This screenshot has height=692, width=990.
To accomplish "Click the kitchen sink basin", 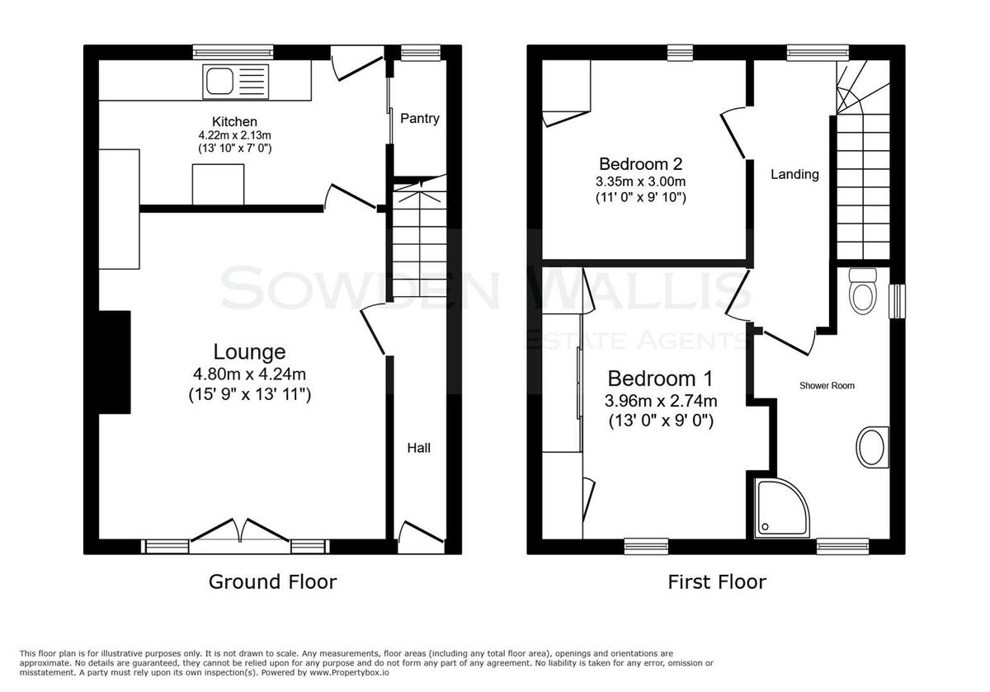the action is point(219,82).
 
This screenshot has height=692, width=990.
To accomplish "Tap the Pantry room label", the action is point(419,119).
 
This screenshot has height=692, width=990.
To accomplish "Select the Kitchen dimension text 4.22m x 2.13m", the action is point(234,134).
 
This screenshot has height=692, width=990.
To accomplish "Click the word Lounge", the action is point(249,351).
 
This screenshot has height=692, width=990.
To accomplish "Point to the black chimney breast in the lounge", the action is point(115,362).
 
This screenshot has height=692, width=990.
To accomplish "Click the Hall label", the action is point(418,448).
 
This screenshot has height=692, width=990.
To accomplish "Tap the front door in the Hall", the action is point(421,533).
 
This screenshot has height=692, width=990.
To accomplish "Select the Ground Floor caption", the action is point(272,582).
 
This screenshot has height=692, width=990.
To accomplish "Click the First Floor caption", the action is point(716,582).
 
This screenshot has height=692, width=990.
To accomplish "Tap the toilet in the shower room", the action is point(863,291).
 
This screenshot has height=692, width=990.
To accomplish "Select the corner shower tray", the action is point(782,508).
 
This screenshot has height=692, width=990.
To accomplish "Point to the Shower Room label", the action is point(827,386).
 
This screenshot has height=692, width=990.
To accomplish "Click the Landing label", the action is point(794,175).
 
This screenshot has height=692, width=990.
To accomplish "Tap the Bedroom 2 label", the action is point(640,164).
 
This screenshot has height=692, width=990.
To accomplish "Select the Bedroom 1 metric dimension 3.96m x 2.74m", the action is point(661,401).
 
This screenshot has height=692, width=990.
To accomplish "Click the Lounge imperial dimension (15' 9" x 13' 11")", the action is point(250,394).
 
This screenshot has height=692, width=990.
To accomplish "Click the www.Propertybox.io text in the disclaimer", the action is point(349,673).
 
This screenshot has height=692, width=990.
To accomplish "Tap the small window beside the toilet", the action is point(897,301).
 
